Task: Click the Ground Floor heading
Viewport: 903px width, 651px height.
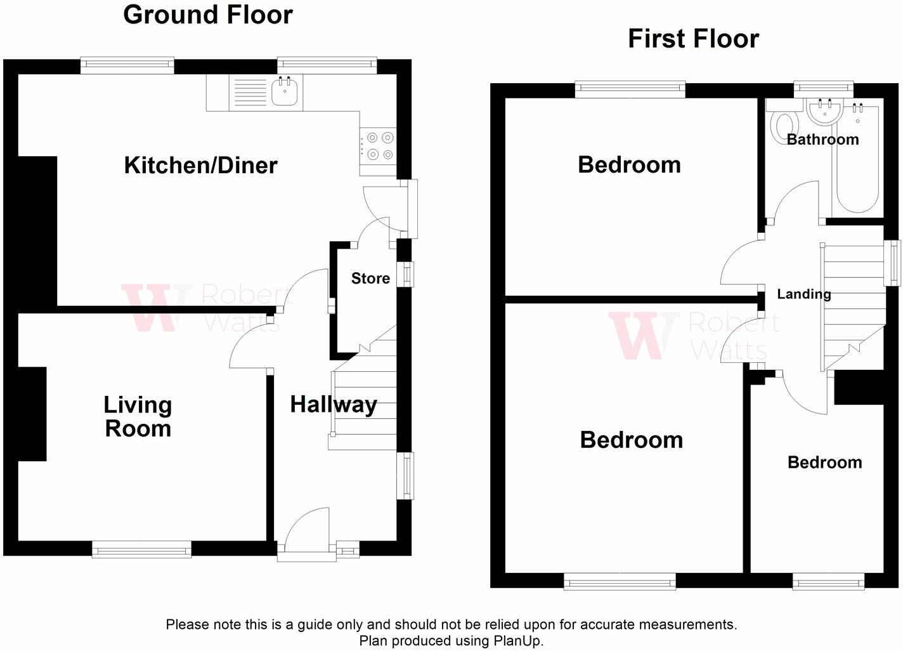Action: click(x=208, y=16)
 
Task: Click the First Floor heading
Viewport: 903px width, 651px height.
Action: click(x=693, y=39)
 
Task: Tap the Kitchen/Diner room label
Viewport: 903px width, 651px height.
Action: click(x=201, y=166)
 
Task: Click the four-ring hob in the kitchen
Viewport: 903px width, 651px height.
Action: click(x=378, y=146)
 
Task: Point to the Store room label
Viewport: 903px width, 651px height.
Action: click(x=370, y=279)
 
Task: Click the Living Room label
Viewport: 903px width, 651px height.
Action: click(x=138, y=417)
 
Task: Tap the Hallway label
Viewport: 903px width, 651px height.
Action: click(x=334, y=405)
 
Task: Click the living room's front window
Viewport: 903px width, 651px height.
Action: click(x=141, y=549)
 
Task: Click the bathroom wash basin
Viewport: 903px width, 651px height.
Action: click(x=825, y=112)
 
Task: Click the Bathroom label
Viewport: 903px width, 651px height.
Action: click(x=822, y=140)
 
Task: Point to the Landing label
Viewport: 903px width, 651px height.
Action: click(x=804, y=294)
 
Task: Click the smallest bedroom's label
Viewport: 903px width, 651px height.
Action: click(x=825, y=463)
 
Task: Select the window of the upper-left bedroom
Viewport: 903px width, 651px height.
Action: click(x=630, y=90)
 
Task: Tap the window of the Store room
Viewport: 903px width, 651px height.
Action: click(x=406, y=275)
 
